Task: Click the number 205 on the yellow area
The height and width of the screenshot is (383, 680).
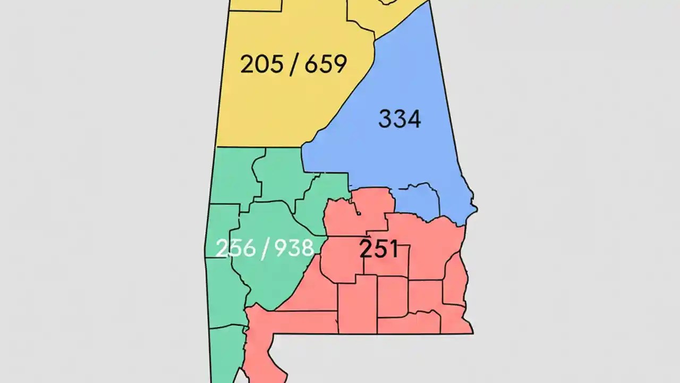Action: (260, 64)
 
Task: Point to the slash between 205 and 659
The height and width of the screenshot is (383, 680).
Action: (293, 65)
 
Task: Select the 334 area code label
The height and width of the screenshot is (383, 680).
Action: (399, 119)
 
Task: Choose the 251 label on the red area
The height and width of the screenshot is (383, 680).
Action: (378, 249)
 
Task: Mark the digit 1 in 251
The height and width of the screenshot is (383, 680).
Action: (394, 249)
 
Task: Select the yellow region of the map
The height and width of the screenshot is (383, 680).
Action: (276, 106)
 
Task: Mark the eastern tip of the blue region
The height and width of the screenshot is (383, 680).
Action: (474, 209)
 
